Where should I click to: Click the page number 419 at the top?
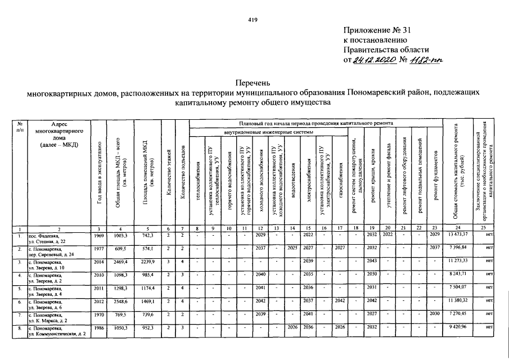click(253, 20)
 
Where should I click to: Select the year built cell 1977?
click(99, 248)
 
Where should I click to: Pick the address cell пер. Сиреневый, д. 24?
click(52, 255)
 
